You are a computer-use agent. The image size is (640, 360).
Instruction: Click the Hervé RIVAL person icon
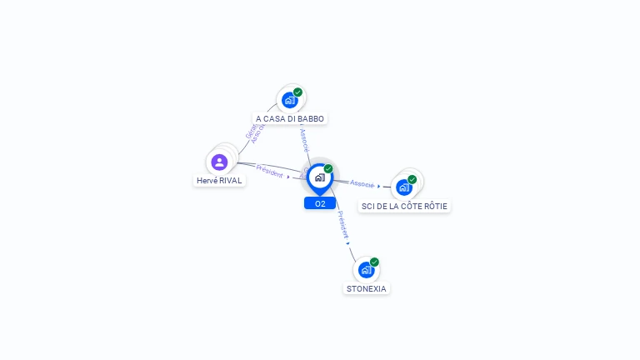pos(219,162)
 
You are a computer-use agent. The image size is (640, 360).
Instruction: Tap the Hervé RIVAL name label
pos(219,180)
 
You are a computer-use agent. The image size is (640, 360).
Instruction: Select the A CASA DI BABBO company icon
pos(289,100)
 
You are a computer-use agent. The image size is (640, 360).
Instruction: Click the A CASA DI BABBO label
pos(289,118)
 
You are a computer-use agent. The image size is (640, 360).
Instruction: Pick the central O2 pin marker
pos(319,177)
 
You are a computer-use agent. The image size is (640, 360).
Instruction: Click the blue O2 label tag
pos(320,203)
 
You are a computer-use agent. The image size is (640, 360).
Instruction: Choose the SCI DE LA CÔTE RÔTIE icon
pos(404,187)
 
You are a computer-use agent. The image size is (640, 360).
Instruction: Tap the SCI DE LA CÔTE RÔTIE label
pos(404,206)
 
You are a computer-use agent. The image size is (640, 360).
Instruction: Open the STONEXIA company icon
pos(365,270)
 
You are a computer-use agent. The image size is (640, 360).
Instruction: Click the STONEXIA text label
pos(367,288)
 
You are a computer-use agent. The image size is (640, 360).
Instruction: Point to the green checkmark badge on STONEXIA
pos(374,262)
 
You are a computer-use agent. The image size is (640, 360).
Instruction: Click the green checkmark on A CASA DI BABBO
pos(297,92)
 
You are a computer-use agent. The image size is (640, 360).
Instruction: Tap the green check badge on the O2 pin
pos(328,168)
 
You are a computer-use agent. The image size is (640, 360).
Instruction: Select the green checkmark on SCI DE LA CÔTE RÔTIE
pos(412,179)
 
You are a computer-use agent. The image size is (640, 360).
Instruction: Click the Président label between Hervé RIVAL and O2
pos(269,170)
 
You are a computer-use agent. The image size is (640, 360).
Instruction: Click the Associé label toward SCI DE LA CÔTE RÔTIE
pos(362,182)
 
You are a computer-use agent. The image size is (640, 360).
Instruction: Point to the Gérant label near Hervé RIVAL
pos(249,132)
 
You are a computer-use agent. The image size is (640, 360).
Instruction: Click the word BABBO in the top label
pos(310,118)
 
